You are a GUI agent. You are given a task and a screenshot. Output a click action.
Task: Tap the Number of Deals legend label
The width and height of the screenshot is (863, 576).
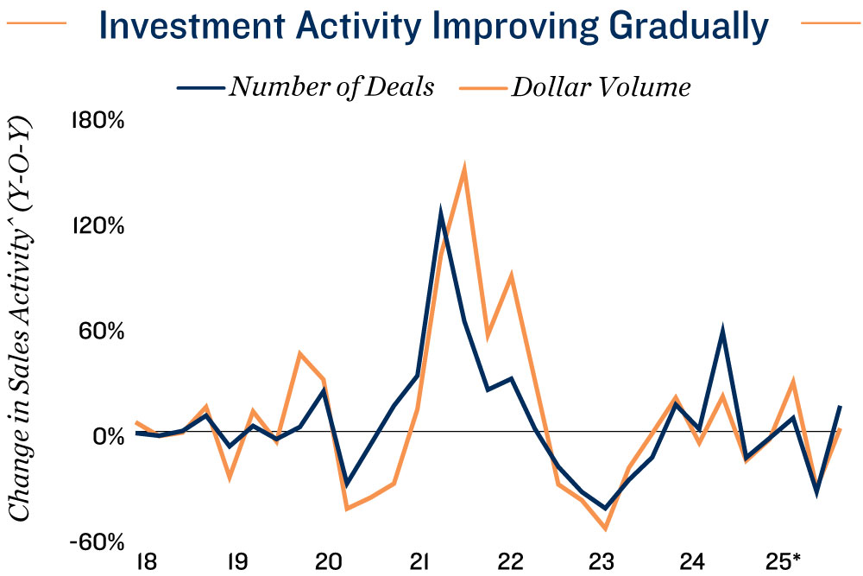(x=331, y=87)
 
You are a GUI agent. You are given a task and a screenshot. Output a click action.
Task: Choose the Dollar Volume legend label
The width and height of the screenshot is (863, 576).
(x=601, y=87)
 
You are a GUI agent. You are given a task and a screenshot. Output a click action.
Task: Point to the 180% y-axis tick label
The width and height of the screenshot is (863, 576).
(x=97, y=120)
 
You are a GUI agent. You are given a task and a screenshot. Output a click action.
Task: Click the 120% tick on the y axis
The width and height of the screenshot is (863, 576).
(x=97, y=226)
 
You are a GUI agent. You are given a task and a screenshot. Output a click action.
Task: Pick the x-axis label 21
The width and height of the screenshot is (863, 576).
(x=420, y=562)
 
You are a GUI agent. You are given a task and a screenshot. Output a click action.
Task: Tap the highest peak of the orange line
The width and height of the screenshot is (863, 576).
(x=464, y=167)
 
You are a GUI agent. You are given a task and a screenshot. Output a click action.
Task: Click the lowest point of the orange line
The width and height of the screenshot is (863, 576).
(x=606, y=528)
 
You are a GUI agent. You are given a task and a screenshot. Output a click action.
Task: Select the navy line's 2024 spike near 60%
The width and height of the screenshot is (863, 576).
(x=722, y=330)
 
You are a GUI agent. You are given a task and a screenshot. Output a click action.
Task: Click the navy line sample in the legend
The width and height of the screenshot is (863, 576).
(x=200, y=87)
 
